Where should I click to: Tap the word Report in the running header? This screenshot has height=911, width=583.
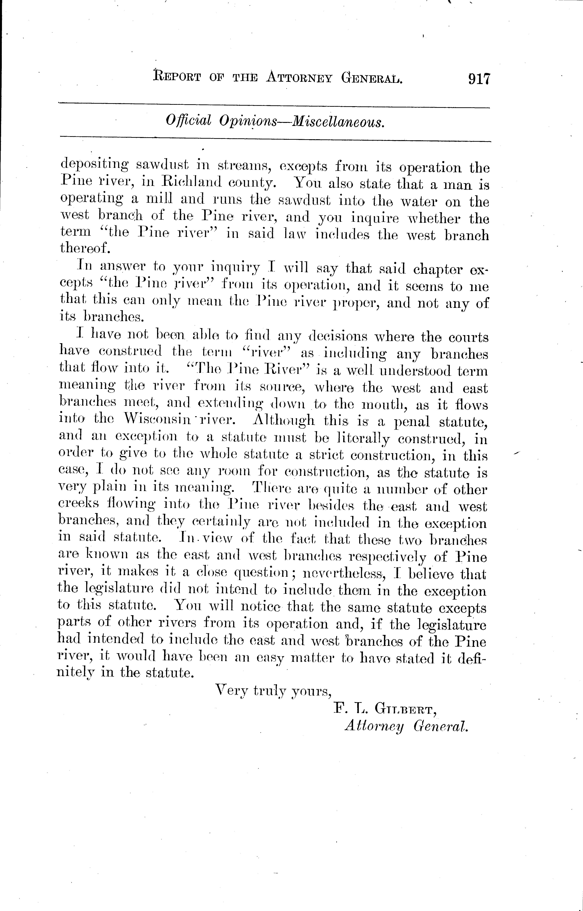[177, 78]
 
